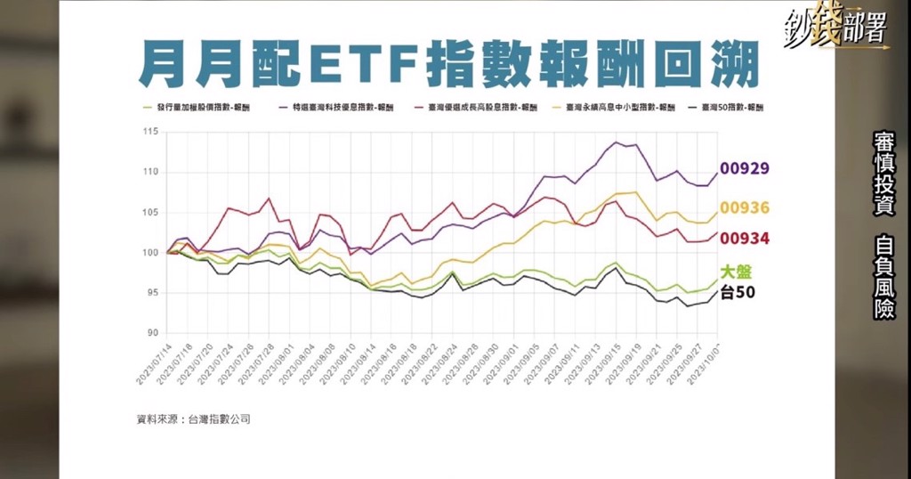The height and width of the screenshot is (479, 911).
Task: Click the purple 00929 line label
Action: (x=745, y=168)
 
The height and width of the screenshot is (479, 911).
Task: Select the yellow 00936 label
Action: (x=745, y=208)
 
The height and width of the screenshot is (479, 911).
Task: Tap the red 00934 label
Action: (x=745, y=239)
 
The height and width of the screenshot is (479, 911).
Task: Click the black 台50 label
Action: (x=738, y=291)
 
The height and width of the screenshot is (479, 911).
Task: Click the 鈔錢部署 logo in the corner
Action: (x=835, y=27)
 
